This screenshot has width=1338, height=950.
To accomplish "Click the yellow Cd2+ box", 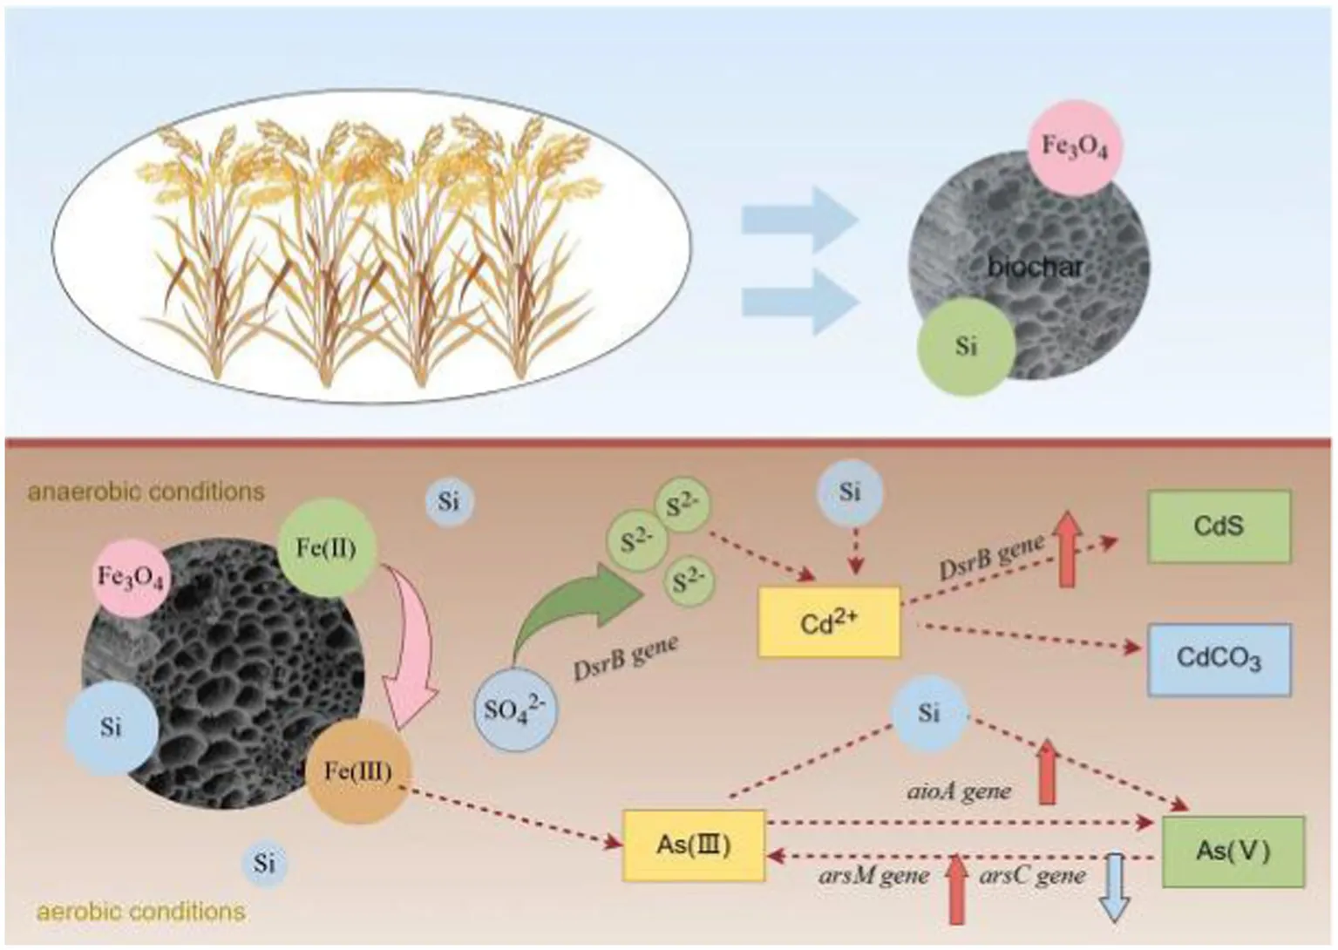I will tap(828, 621).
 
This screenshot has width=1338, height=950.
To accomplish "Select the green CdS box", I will tap(1219, 526).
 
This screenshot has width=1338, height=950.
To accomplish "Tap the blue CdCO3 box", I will tap(1219, 659).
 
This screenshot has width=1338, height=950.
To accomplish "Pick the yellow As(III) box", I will tap(693, 845).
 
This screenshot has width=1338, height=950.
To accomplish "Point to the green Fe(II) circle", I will tap(327, 547).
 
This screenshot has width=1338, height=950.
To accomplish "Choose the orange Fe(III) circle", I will tap(357, 771).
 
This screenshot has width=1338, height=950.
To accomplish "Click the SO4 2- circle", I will tap(513, 709).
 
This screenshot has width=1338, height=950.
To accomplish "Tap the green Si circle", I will tap(966, 346).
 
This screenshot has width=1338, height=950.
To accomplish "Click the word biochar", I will tap(1035, 267).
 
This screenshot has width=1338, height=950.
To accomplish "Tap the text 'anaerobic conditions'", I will tap(146, 492).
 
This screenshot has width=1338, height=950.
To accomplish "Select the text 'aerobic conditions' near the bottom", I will tap(140, 912).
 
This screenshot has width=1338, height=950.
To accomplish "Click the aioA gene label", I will tap(959, 791).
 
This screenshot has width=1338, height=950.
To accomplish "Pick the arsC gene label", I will tap(1032, 875).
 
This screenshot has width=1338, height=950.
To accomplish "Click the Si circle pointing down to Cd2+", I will tap(850, 492).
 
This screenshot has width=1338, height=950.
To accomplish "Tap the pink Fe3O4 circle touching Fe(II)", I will tap(131, 577).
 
